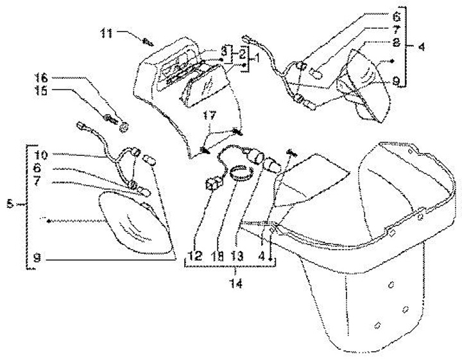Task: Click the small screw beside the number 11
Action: [x=148, y=42]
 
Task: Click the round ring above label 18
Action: [x=239, y=173]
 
